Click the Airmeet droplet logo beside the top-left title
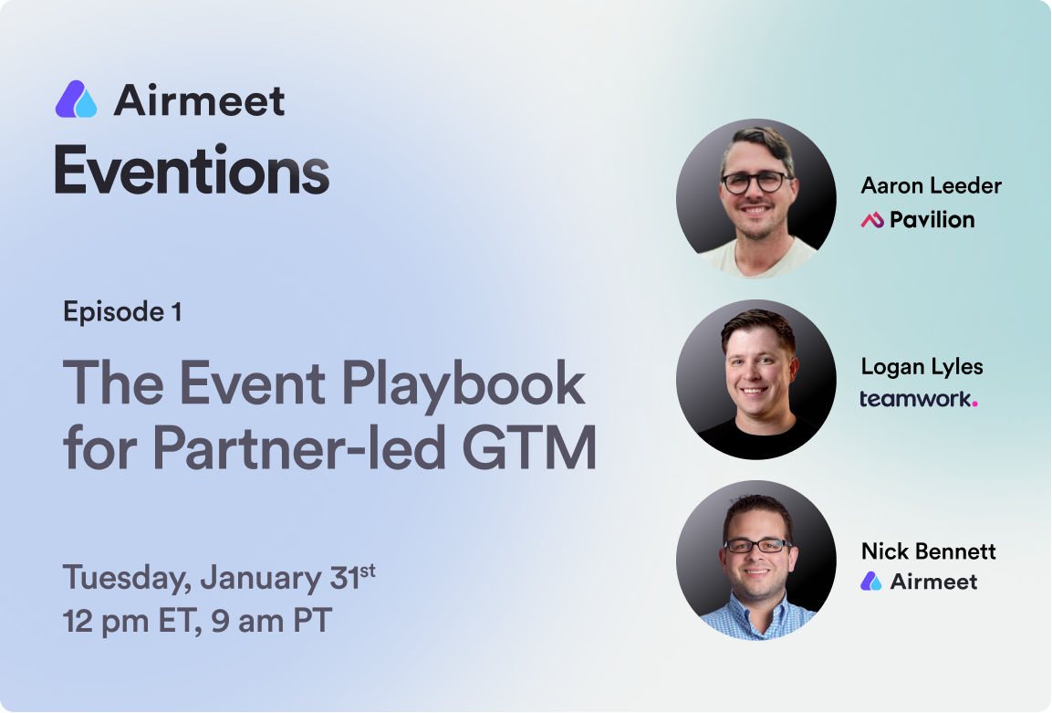coord(76,100)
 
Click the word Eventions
coord(192,171)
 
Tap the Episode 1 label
coord(122,312)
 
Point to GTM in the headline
coord(529,448)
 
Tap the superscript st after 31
coord(367,570)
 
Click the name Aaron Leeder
coord(932,185)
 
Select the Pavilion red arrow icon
coord(872,219)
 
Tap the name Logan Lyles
coord(922,367)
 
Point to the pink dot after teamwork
coord(974,404)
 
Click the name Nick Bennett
coord(929,551)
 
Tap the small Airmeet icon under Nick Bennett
coord(870,581)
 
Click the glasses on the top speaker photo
coord(755,182)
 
